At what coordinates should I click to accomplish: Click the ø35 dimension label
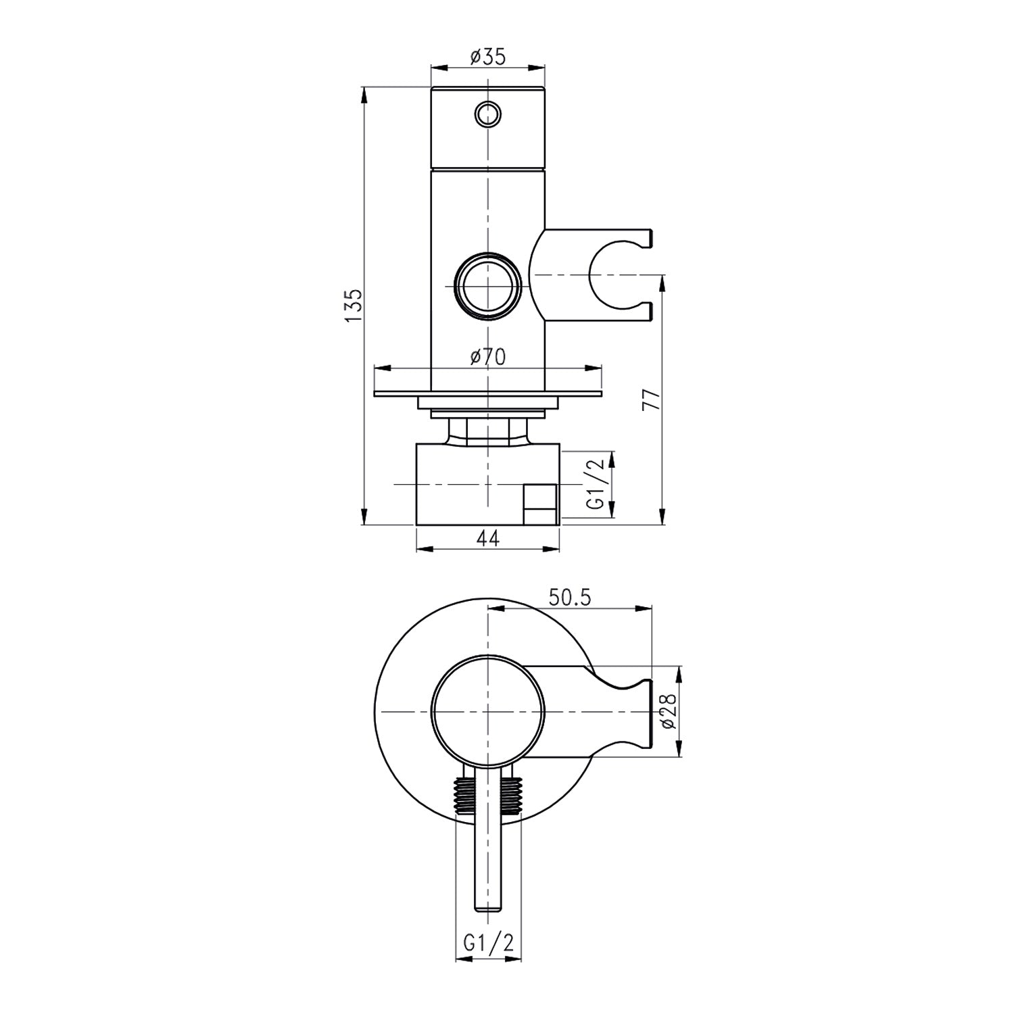tap(487, 57)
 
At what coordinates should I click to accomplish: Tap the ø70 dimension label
tap(487, 357)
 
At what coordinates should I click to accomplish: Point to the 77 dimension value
tap(652, 400)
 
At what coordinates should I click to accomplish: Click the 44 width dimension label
tap(487, 538)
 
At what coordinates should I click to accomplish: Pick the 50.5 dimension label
tap(569, 597)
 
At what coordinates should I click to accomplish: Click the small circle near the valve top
tap(487, 113)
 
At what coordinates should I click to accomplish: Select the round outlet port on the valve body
tap(487, 285)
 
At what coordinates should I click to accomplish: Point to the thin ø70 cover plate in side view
tap(487, 393)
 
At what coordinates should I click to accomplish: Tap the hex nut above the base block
tap(487, 431)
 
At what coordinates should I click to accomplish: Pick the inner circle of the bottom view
tap(487, 713)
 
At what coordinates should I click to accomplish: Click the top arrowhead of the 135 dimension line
tap(364, 94)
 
